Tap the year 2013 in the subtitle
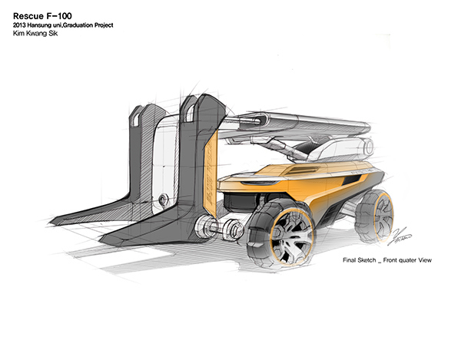pos(22,25)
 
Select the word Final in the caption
pos(353,261)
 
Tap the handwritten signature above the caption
pos(401,241)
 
